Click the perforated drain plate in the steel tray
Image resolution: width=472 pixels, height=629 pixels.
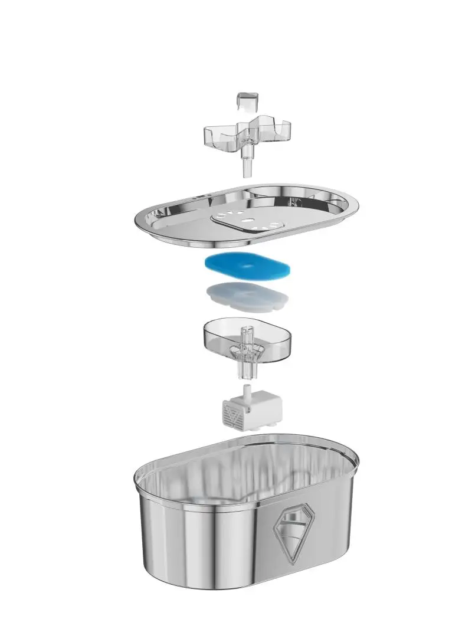pyautogui.click(x=247, y=221)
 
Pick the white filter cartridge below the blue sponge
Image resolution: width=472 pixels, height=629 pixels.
pyautogui.click(x=247, y=296)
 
